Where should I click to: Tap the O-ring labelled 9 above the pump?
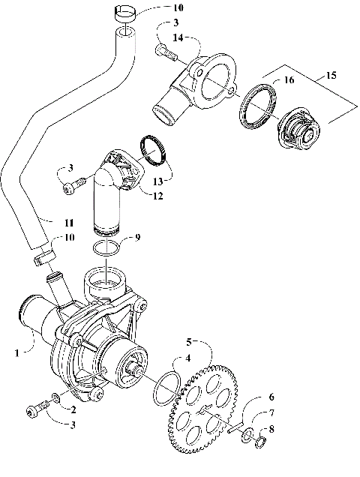(x=109, y=248)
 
